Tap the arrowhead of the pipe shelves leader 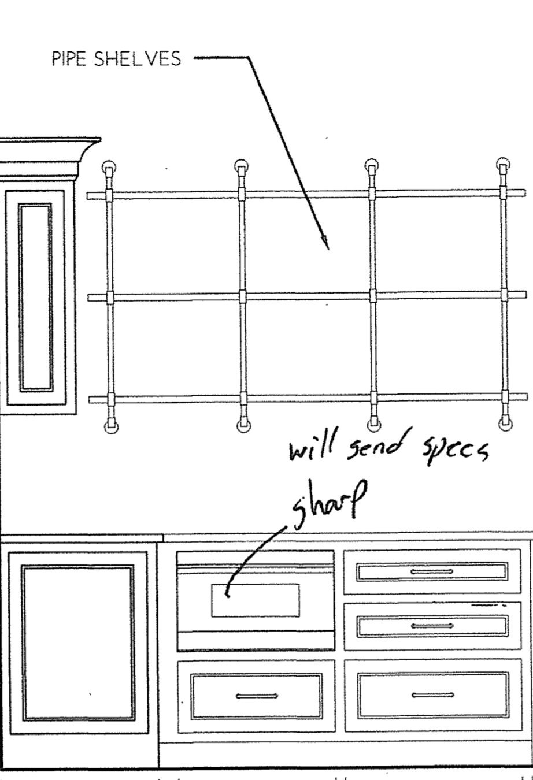pos(326,243)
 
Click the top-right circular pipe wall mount pos(504,165)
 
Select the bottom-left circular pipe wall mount pos(110,426)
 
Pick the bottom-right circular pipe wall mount pos(505,424)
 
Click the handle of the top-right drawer pos(431,572)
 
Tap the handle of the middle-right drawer pos(431,626)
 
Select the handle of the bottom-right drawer pos(431,695)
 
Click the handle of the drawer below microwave pos(257,696)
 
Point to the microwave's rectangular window pos(255,600)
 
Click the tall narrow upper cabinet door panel pos(35,297)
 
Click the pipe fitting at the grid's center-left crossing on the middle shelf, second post pos(243,296)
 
